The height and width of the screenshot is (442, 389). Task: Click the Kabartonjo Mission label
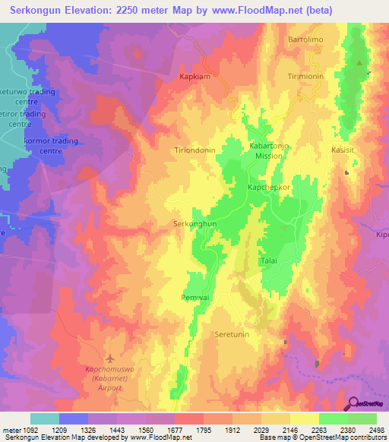point(270,150)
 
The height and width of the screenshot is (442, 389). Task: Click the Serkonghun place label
point(195,224)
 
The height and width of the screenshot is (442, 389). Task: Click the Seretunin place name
point(232,334)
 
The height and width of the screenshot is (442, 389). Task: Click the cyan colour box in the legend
point(45,418)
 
